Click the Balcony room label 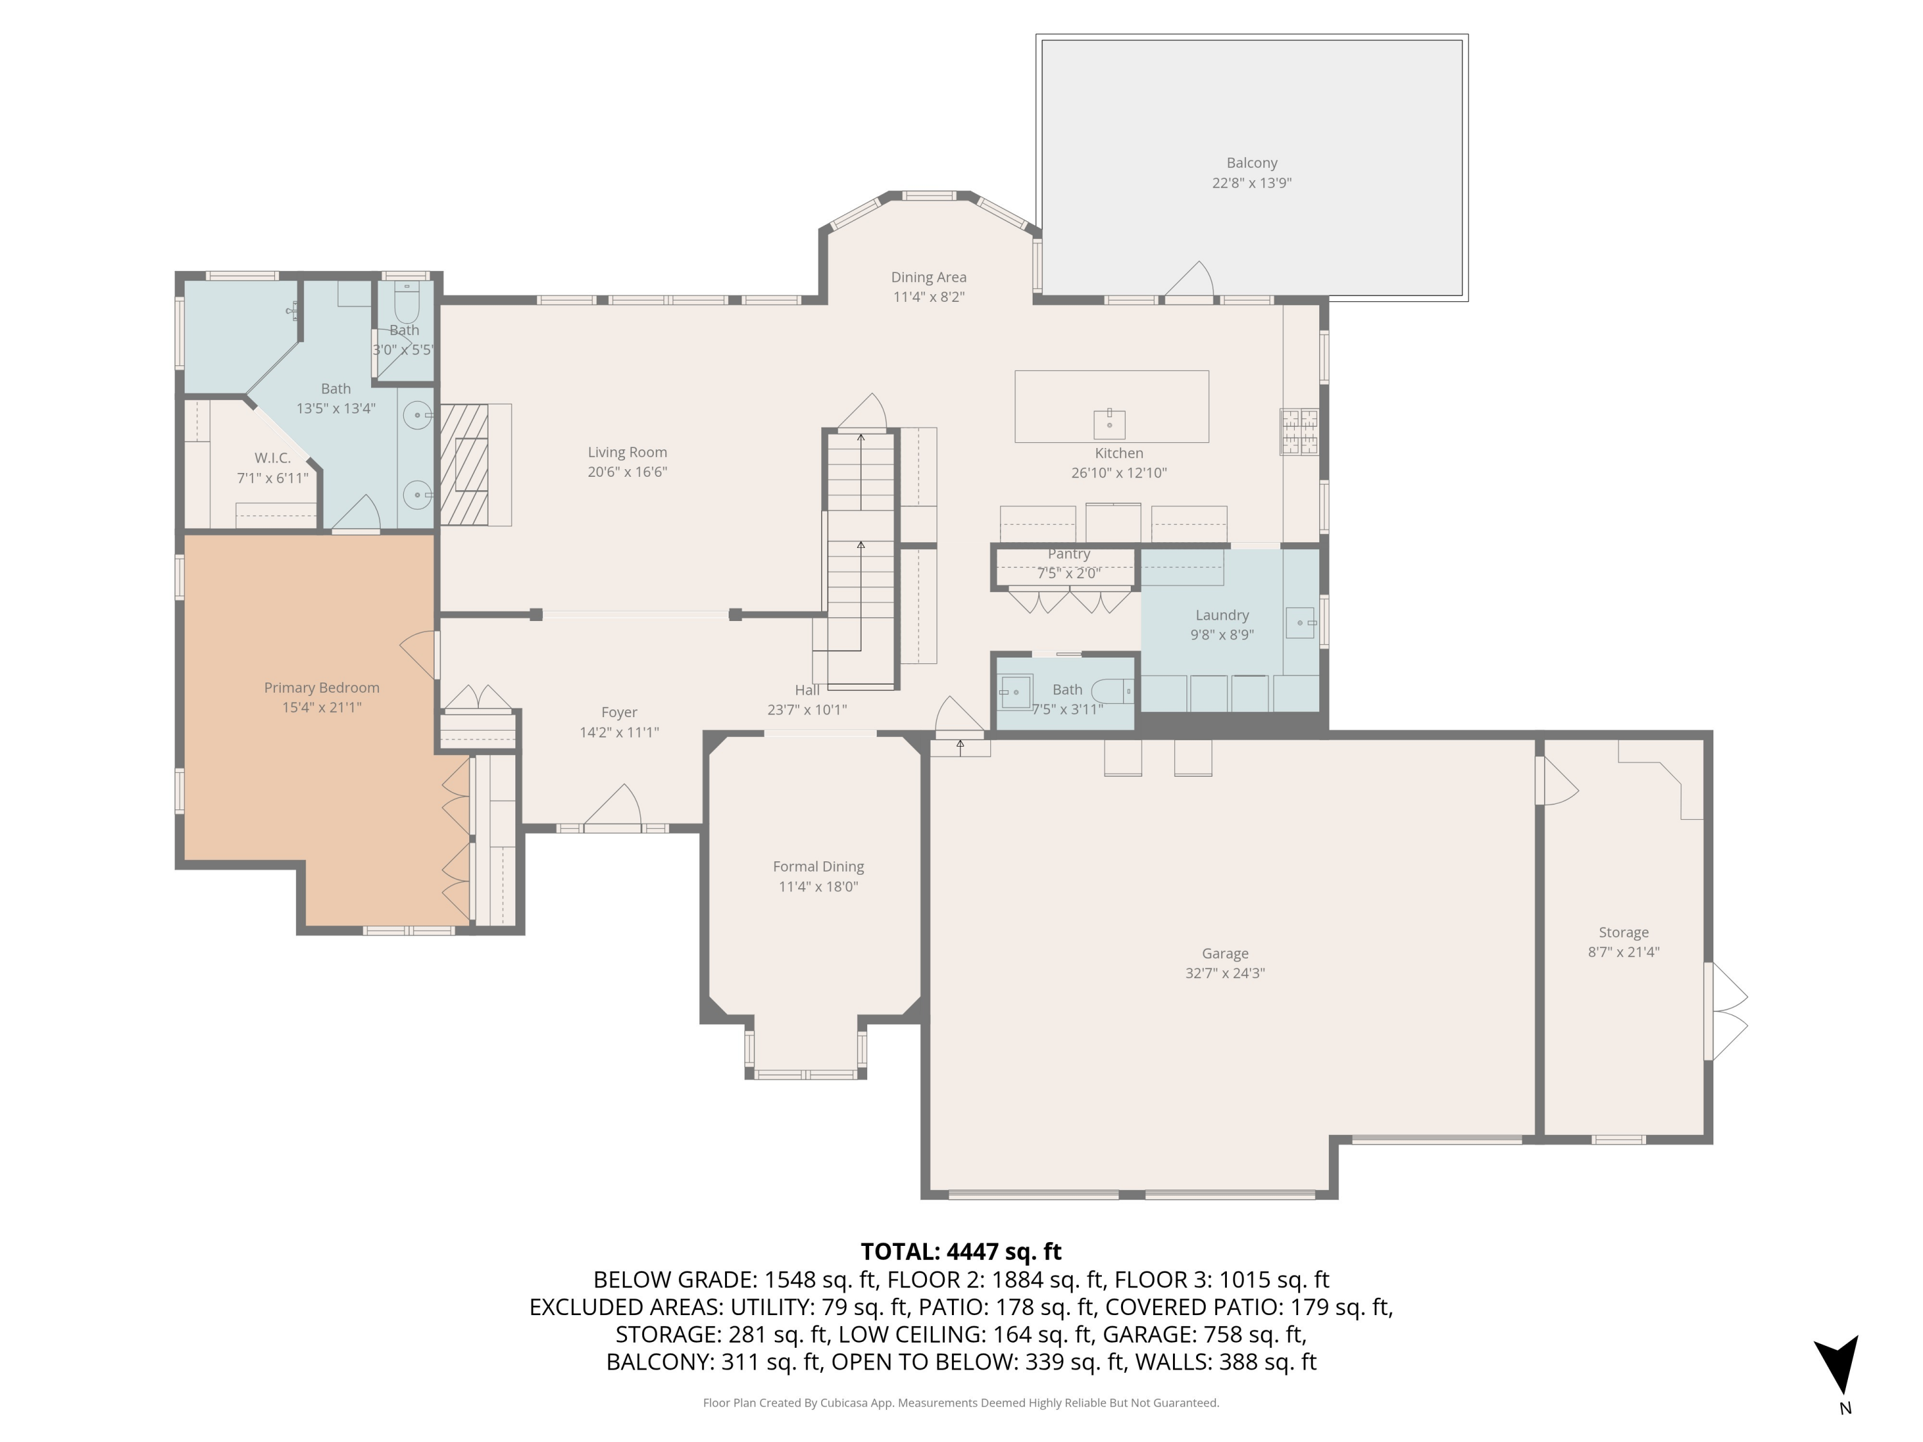point(1251,163)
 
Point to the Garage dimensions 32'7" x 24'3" point(1224,974)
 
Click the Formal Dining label point(818,866)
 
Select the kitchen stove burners point(1299,432)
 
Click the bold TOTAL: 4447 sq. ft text point(961,1252)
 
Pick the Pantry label point(1069,554)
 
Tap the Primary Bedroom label point(322,688)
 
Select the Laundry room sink point(1300,623)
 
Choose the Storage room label point(1623,932)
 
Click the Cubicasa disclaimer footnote point(961,1403)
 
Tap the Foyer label point(619,713)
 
